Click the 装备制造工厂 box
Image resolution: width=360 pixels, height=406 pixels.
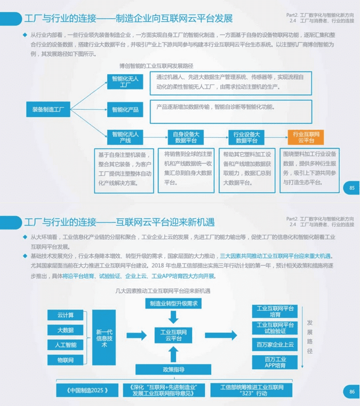pyautogui.click(x=48, y=109)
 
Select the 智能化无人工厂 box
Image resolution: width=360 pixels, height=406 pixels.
pyautogui.click(x=125, y=82)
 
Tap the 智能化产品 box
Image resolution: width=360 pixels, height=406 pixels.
pyautogui.click(x=125, y=109)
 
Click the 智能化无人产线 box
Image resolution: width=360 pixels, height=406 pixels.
pyautogui.click(x=125, y=137)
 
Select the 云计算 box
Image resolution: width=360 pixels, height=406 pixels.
pyautogui.click(x=66, y=315)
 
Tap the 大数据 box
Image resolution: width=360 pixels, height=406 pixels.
pyautogui.click(x=66, y=330)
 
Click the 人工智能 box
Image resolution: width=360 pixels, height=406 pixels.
pyautogui.click(x=66, y=345)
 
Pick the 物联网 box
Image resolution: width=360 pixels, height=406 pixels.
pyautogui.click(x=66, y=360)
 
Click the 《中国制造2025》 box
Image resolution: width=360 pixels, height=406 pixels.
pyautogui.click(x=88, y=390)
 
